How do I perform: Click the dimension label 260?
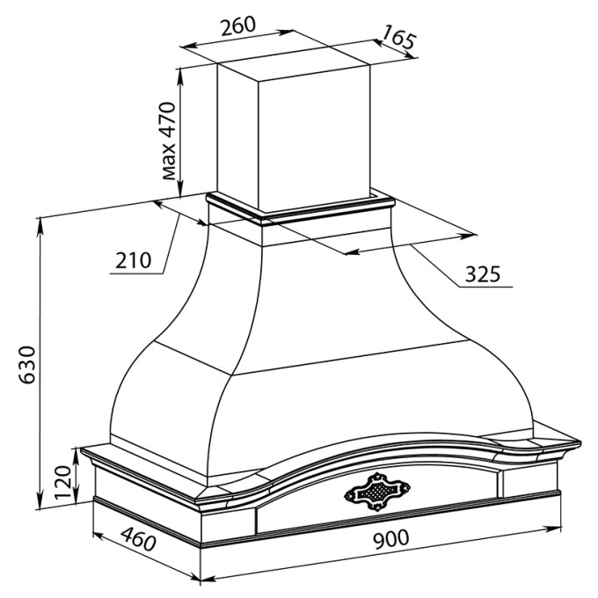click(x=238, y=26)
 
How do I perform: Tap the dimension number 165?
click(x=398, y=37)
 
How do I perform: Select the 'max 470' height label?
click(x=168, y=141)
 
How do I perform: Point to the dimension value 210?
click(x=133, y=260)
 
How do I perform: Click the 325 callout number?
click(x=483, y=273)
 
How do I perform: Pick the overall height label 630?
click(x=27, y=365)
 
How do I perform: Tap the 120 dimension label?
click(x=63, y=482)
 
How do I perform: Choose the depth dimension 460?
click(x=139, y=539)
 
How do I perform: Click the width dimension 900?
click(x=391, y=539)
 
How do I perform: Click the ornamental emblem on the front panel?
click(x=377, y=492)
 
